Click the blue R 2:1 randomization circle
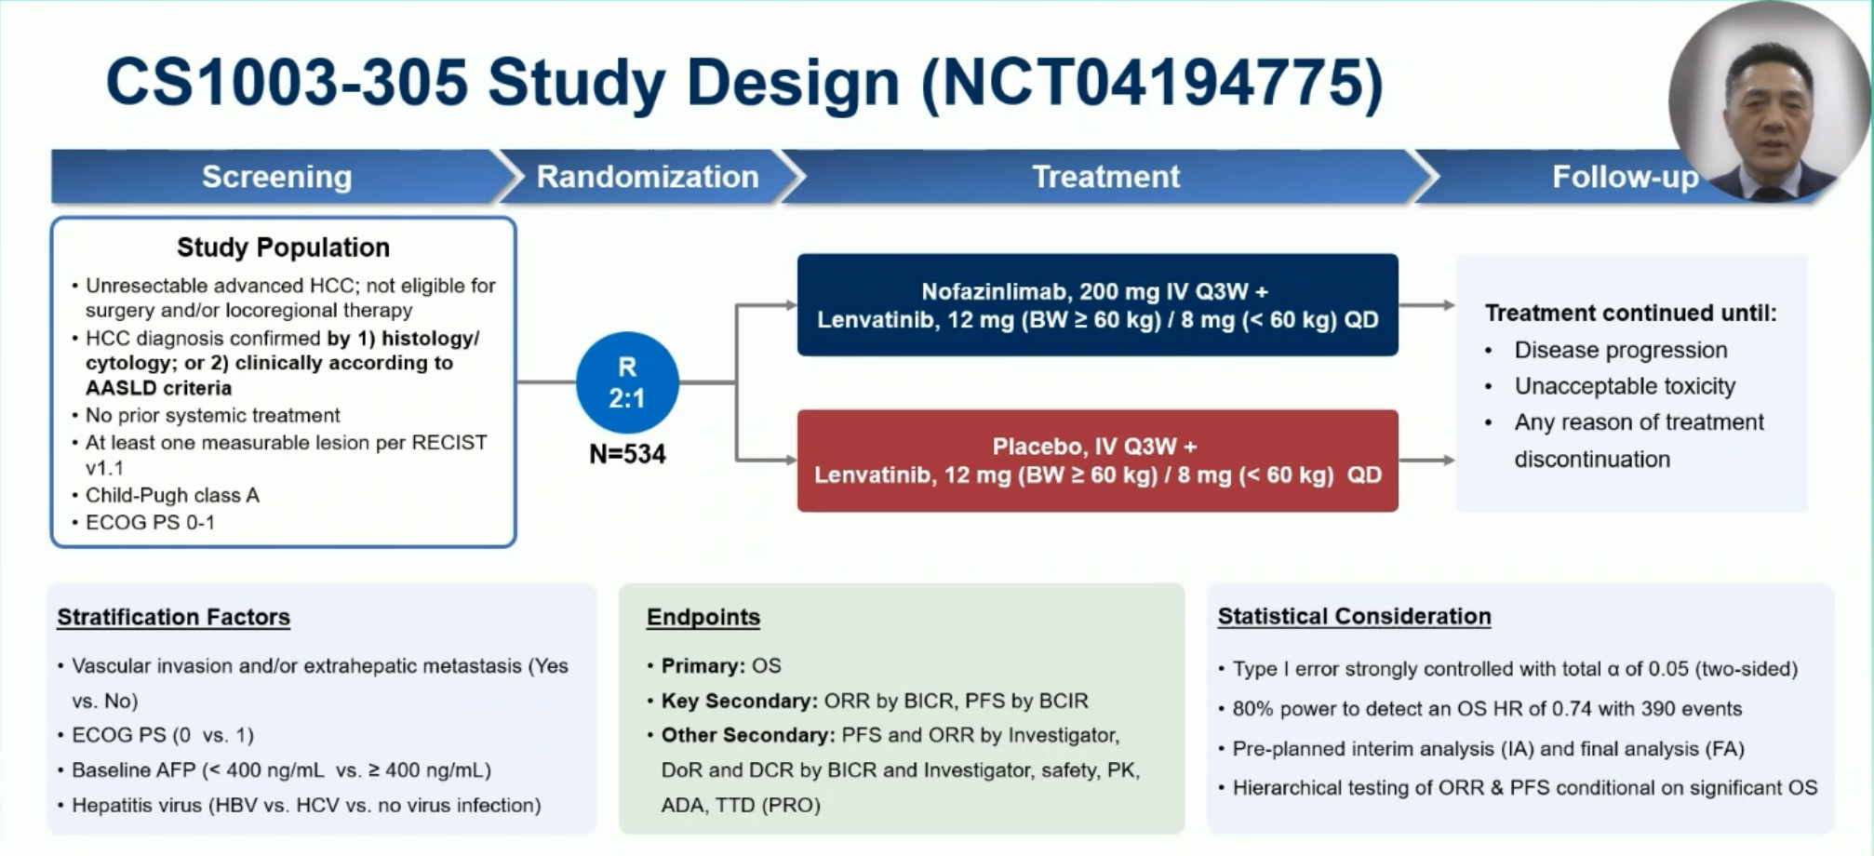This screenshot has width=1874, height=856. [x=627, y=382]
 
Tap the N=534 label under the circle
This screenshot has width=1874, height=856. [x=627, y=454]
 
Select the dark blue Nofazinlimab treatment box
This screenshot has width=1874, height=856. [x=1097, y=305]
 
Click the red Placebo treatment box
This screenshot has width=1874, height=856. [x=1097, y=461]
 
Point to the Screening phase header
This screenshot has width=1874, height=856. [x=277, y=177]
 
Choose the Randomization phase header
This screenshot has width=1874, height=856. [x=648, y=177]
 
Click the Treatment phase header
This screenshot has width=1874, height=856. [x=1105, y=177]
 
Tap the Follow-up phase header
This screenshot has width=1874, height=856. [x=1624, y=177]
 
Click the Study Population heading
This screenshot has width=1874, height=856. [x=283, y=247]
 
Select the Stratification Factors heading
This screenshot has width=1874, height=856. [x=174, y=617]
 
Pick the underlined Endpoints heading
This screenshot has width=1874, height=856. [x=703, y=617]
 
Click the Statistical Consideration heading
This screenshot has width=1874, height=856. [x=1354, y=616]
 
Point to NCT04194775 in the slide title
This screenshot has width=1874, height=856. [x=1152, y=82]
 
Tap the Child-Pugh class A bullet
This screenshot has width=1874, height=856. [x=172, y=495]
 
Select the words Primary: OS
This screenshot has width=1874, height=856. [x=720, y=666]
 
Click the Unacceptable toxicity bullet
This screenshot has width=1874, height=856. [x=1625, y=386]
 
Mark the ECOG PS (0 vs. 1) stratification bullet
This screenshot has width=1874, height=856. [x=163, y=735]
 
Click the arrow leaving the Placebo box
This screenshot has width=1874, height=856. [x=1426, y=461]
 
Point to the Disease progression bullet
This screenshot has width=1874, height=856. [x=1620, y=350]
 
